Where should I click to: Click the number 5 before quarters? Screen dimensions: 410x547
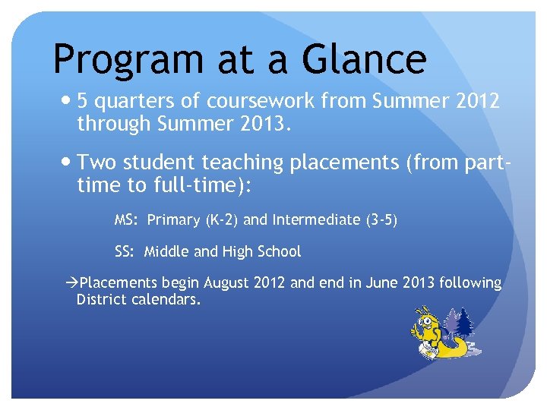click(x=84, y=101)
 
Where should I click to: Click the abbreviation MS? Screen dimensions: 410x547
click(x=126, y=220)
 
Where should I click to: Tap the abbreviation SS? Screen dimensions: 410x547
click(x=125, y=251)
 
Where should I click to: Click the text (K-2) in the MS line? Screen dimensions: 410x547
click(x=222, y=220)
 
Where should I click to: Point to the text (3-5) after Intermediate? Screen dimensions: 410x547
click(x=381, y=220)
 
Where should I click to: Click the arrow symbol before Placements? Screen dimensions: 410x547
click(x=71, y=283)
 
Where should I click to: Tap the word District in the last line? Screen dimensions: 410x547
click(x=102, y=300)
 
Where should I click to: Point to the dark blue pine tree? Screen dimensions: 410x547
click(x=464, y=323)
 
